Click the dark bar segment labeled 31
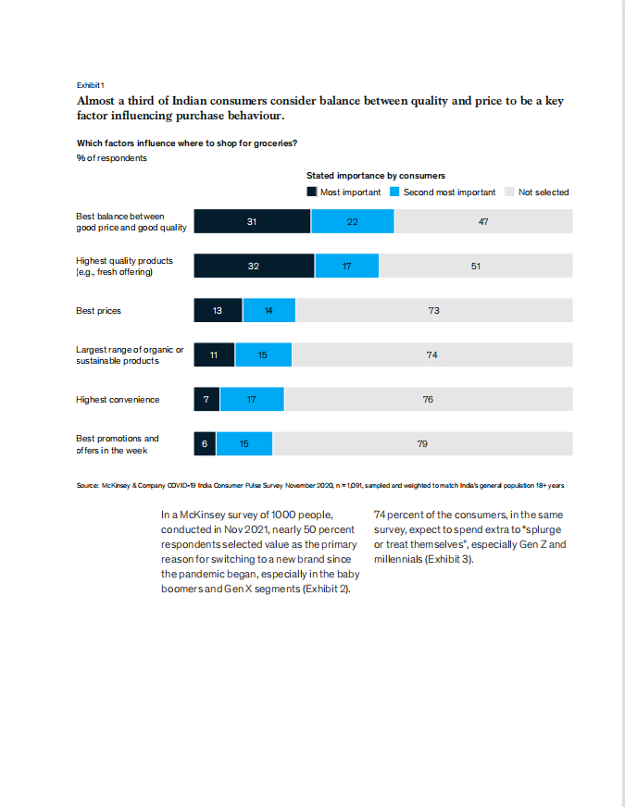[x=252, y=221]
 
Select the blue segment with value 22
[x=352, y=221]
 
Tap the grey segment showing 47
[x=483, y=221]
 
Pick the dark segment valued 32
[x=254, y=266]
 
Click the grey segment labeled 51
[x=476, y=266]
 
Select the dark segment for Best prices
[x=218, y=310]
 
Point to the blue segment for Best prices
[x=269, y=310]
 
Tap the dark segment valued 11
[x=214, y=354]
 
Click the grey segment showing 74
[x=431, y=354]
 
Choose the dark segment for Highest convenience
[x=206, y=399]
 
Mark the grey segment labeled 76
[x=428, y=399]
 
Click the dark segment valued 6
[x=205, y=443]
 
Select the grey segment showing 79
[x=422, y=443]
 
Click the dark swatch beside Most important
[x=312, y=192]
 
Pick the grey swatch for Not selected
[x=509, y=192]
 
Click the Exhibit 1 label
[x=90, y=85]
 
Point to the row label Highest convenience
[x=118, y=400]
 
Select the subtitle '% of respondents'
[x=111, y=157]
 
